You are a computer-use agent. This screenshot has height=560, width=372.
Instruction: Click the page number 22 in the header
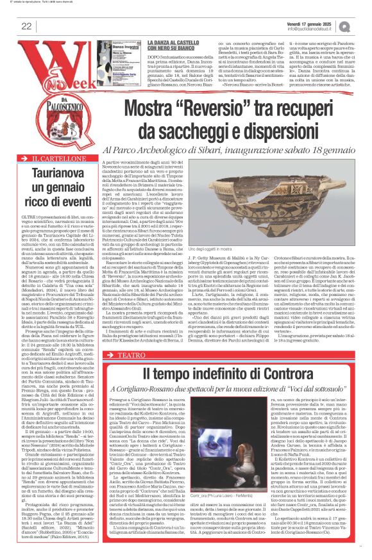tap(26, 26)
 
